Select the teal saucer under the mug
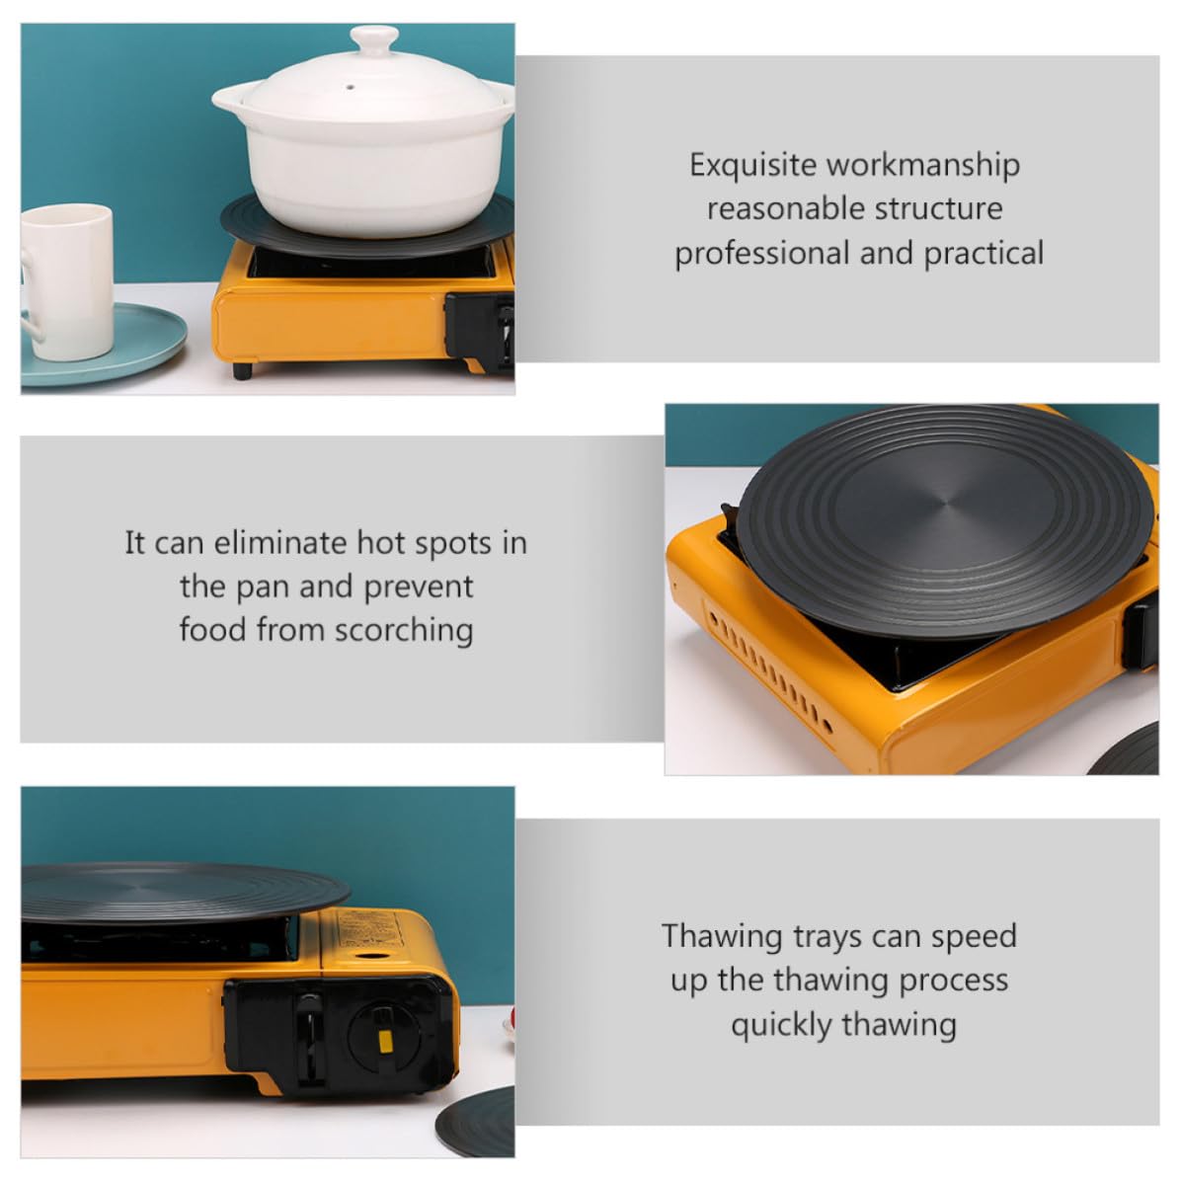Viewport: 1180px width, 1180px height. tap(103, 346)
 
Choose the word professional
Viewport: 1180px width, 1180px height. tap(761, 254)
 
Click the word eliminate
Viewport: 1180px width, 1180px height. tap(280, 542)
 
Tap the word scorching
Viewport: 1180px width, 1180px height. tap(404, 631)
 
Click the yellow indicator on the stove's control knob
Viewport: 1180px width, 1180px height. tap(384, 1042)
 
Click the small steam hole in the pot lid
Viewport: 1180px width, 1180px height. tap(350, 87)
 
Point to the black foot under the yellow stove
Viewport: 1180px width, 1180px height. tap(242, 370)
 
